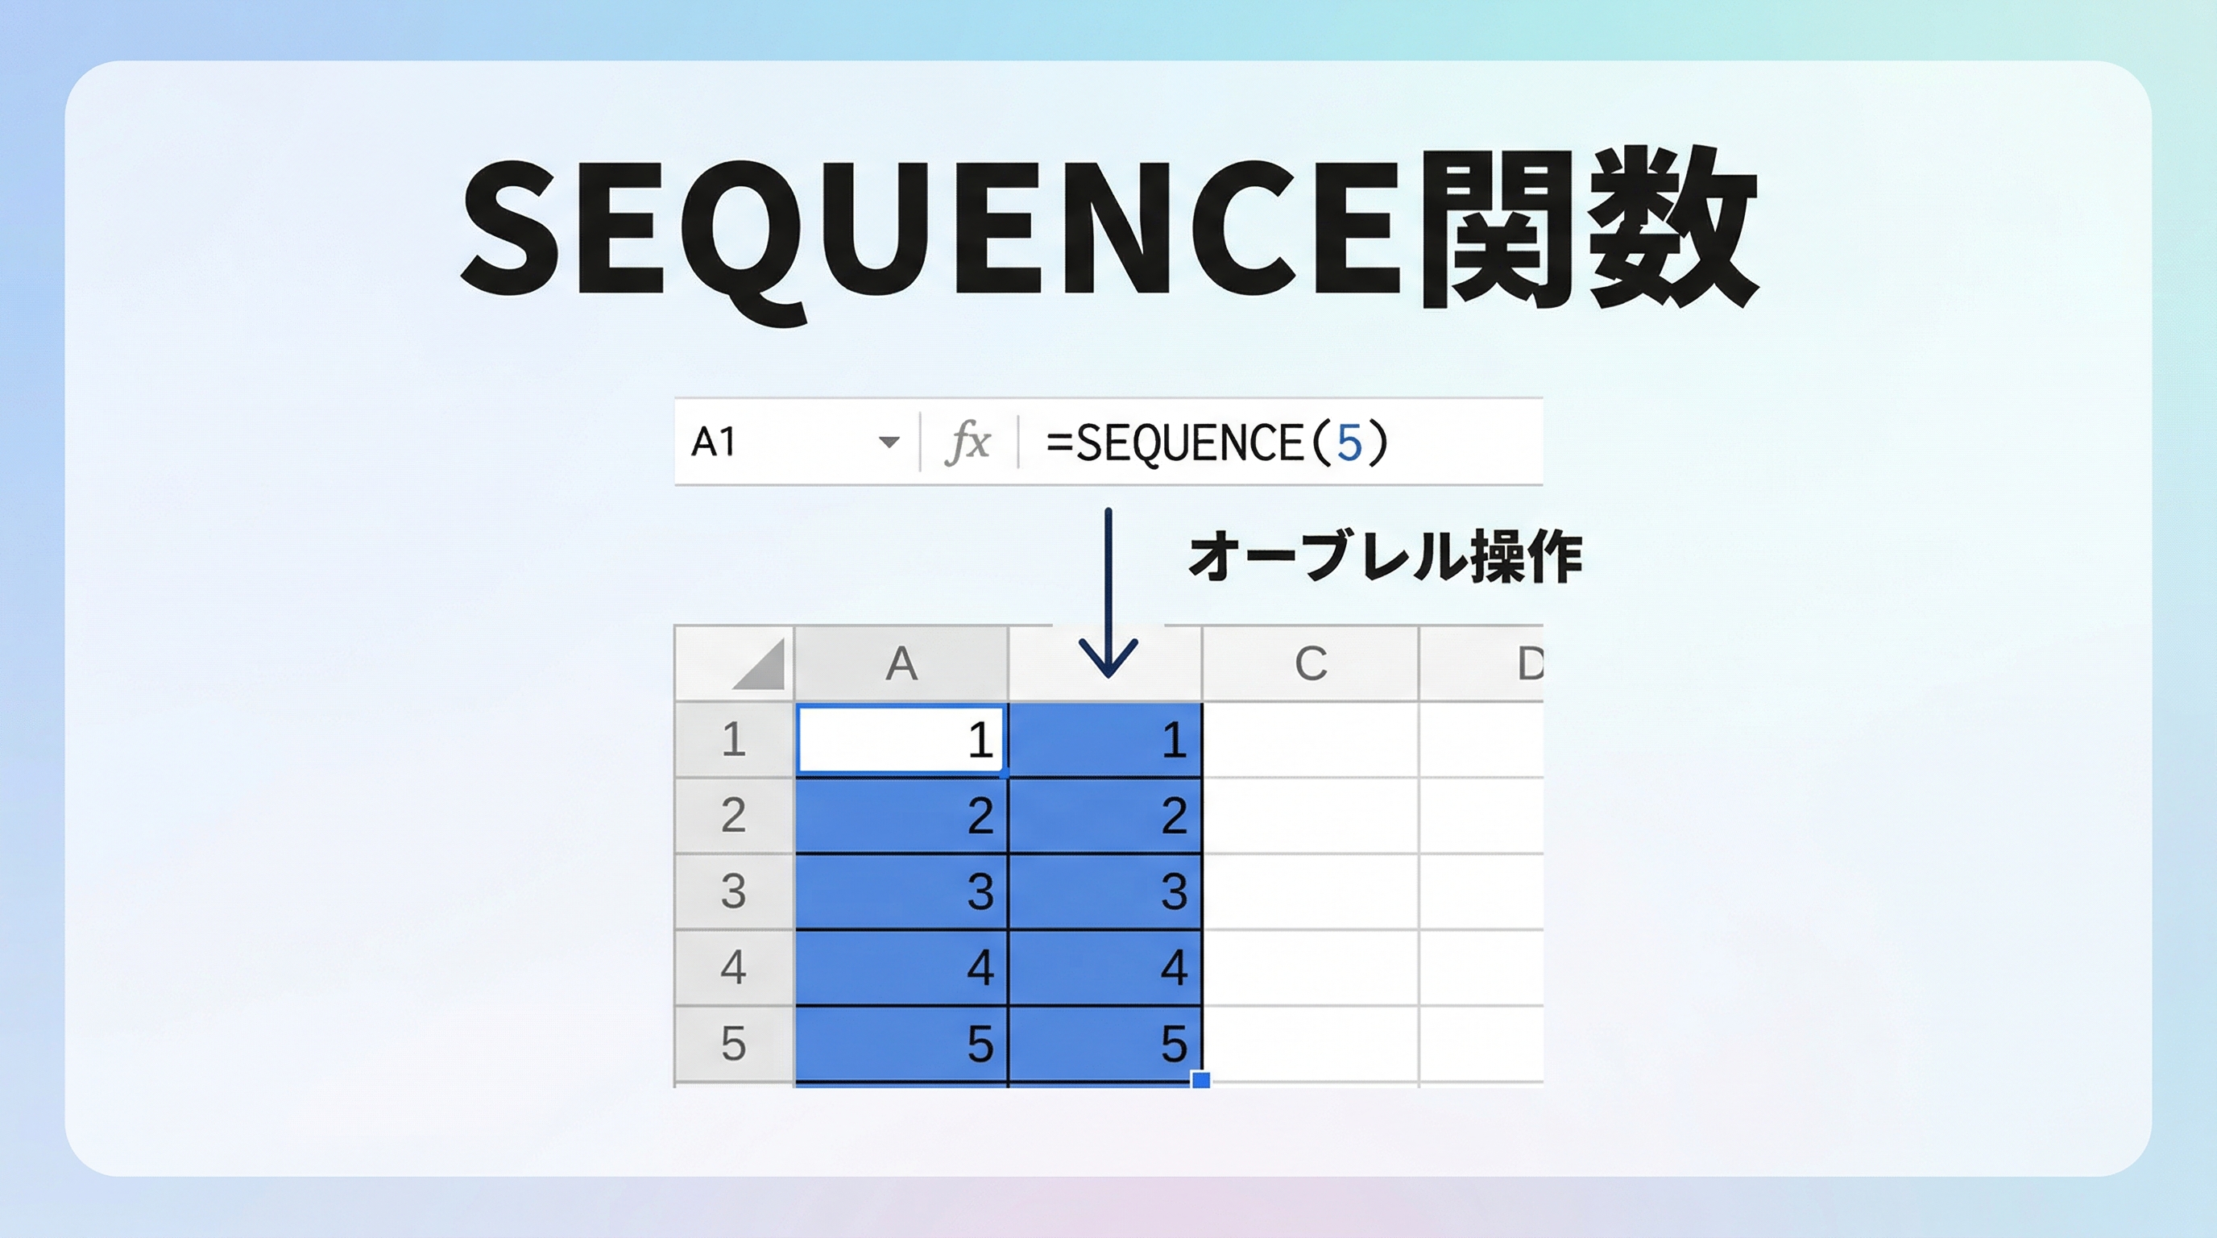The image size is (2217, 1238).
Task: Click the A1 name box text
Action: point(714,442)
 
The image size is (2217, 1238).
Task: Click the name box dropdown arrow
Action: point(889,442)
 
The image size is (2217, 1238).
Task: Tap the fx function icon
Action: point(968,442)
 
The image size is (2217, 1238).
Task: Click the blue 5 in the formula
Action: point(1349,442)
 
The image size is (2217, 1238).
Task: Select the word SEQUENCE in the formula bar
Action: point(1188,442)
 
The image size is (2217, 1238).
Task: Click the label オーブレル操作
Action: point(1385,557)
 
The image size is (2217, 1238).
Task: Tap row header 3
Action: point(733,891)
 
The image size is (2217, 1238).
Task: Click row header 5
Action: point(733,1044)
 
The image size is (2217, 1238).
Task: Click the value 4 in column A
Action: point(980,968)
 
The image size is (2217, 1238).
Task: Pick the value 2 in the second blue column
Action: point(1174,816)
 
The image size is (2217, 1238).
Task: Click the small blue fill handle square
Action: point(1200,1079)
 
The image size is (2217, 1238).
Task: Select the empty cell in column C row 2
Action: point(1310,816)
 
